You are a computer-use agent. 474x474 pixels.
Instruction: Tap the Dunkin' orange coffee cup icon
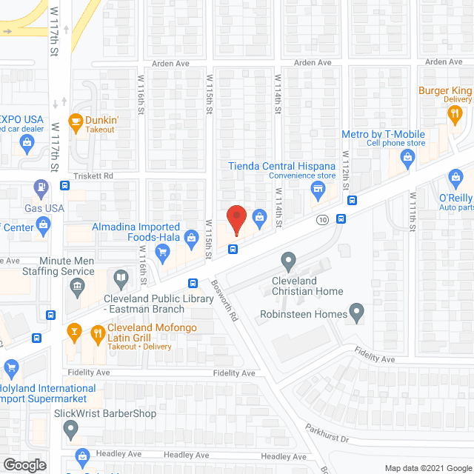pyautogui.click(x=76, y=120)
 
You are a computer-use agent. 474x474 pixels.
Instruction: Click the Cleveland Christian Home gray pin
pyautogui.click(x=288, y=261)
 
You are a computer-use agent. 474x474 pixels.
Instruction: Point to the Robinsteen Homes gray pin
pyautogui.click(x=358, y=313)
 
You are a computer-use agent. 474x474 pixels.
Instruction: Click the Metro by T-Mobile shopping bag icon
pyautogui.click(x=407, y=157)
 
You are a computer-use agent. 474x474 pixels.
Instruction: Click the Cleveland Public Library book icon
pyautogui.click(x=121, y=279)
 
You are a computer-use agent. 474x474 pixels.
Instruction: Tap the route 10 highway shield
pyautogui.click(x=321, y=220)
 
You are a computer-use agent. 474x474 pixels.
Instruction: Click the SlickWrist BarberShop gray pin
pyautogui.click(x=71, y=428)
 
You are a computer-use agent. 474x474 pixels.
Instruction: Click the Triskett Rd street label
pyautogui.click(x=93, y=176)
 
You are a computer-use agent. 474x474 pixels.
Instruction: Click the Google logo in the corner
pyautogui.click(x=24, y=464)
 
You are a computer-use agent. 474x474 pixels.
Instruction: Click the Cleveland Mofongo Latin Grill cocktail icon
pyautogui.click(x=73, y=331)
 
